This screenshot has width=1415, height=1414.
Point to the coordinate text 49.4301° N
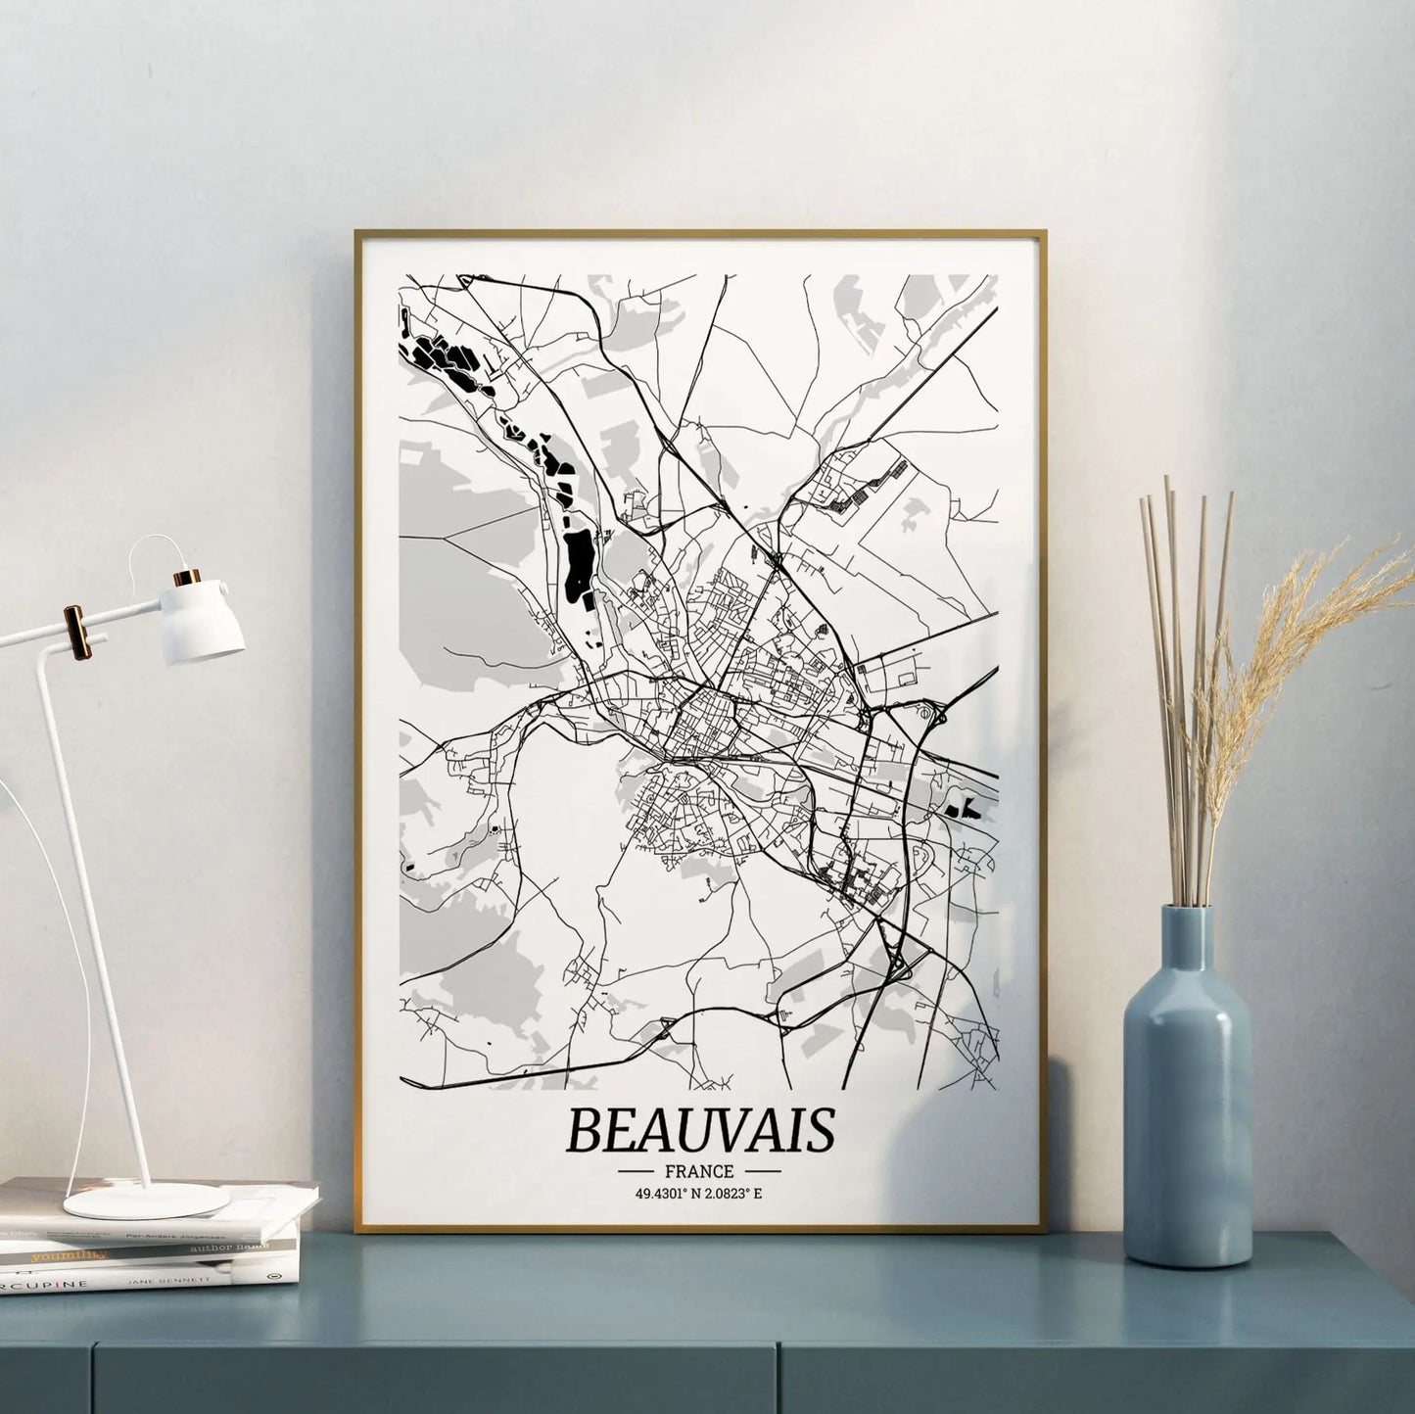click(664, 1193)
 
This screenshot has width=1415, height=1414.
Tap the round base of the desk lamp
click(147, 1201)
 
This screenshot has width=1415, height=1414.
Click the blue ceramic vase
click(1187, 1107)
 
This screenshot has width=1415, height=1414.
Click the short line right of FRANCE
click(764, 1171)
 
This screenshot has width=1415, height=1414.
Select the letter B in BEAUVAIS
click(584, 1130)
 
